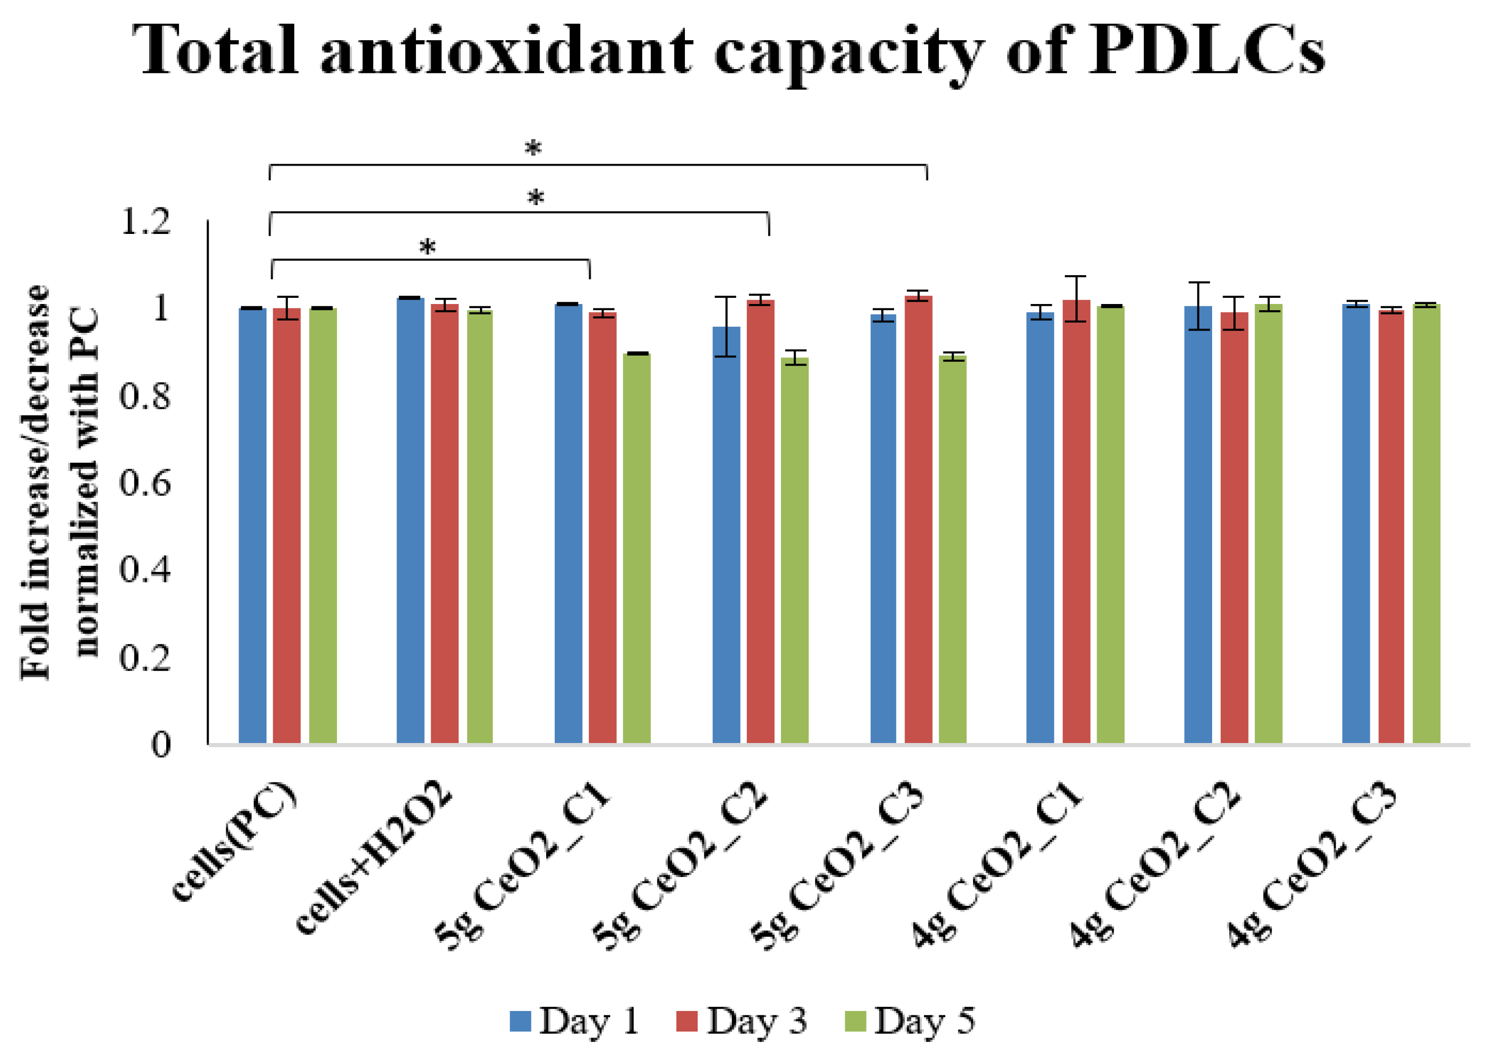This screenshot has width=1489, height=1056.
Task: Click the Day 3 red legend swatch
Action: [x=686, y=1021]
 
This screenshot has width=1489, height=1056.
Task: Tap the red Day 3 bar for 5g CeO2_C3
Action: [x=918, y=520]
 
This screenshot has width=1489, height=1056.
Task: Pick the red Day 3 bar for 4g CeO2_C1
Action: [x=1076, y=520]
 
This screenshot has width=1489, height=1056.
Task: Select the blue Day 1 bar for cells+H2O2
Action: [x=410, y=520]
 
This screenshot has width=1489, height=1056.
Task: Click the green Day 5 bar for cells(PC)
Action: [x=322, y=520]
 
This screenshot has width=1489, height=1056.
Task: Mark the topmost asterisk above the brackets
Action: [x=533, y=149]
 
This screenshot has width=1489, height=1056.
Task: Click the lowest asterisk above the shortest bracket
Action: [x=427, y=247]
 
